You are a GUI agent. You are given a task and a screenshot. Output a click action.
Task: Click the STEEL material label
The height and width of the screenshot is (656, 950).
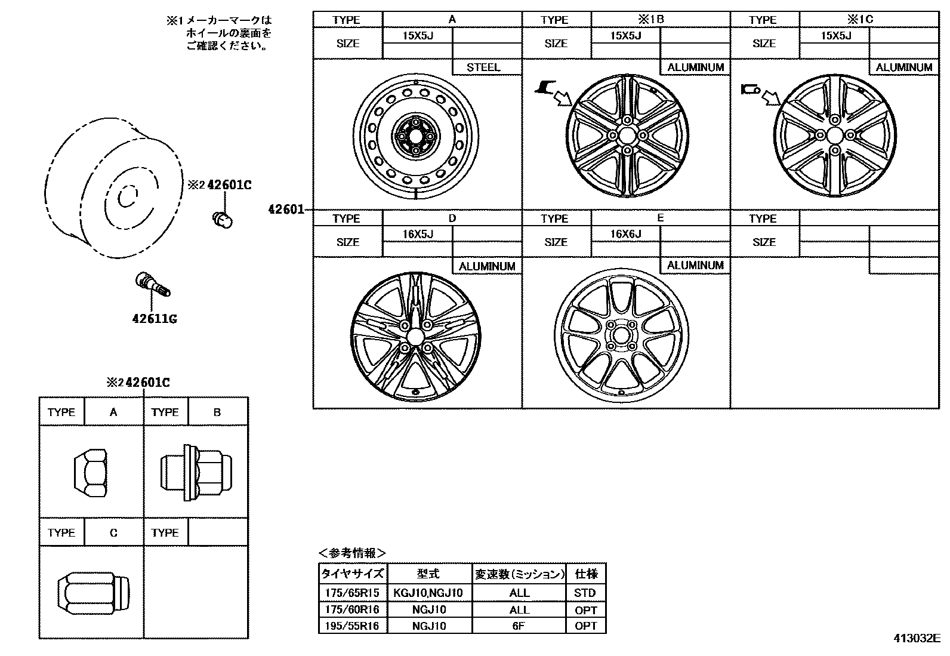[483, 67]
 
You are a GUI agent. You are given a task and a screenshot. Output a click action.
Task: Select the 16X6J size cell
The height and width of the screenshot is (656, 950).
[625, 234]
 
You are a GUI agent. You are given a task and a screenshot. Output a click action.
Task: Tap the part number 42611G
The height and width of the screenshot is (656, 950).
[155, 319]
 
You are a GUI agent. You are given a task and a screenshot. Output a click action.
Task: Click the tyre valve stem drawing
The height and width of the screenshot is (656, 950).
[153, 284]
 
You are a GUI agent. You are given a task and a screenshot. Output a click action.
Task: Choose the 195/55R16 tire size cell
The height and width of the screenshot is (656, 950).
[353, 626]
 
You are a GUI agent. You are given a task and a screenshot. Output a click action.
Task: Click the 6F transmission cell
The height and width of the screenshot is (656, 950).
[519, 626]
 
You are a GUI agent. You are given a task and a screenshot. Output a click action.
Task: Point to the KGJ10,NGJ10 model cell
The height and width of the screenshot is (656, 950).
[428, 593]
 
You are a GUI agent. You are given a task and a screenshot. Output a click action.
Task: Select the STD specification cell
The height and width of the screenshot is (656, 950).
[585, 593]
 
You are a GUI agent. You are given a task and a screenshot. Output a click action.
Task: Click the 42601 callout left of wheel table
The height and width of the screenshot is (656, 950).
[286, 210]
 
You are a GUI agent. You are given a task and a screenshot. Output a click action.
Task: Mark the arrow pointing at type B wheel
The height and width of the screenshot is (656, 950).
[562, 97]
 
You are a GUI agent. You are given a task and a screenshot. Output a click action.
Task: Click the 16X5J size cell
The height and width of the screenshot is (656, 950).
[417, 234]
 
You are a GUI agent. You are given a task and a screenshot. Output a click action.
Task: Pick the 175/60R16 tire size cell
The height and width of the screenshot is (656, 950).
[353, 609]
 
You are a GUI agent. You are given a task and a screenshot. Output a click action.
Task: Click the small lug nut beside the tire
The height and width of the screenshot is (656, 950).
[223, 219]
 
